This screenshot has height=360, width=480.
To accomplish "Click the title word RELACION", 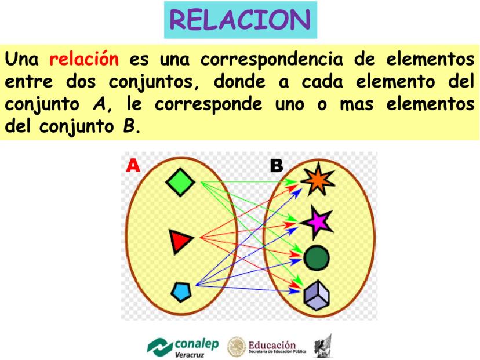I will click(241, 20).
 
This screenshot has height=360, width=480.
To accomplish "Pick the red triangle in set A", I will click(180, 241).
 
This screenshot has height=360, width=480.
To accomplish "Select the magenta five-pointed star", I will click(317, 222).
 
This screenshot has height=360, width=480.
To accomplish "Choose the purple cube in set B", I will click(317, 294).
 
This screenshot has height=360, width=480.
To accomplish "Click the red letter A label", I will click(133, 166).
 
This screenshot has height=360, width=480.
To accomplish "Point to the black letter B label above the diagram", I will click(277, 166).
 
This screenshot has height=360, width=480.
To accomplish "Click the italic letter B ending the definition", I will click(130, 126).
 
